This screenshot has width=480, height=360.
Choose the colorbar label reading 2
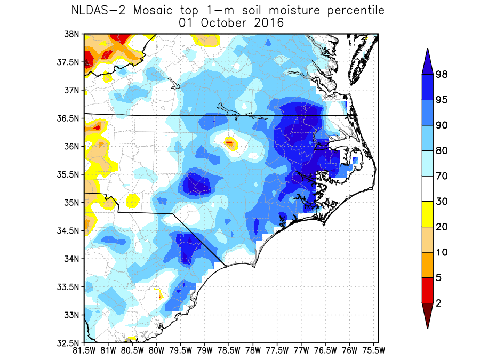tap(439, 303)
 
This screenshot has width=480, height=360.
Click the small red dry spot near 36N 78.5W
tap(230, 142)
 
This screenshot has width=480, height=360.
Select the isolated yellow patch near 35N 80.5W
tap(132, 201)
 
